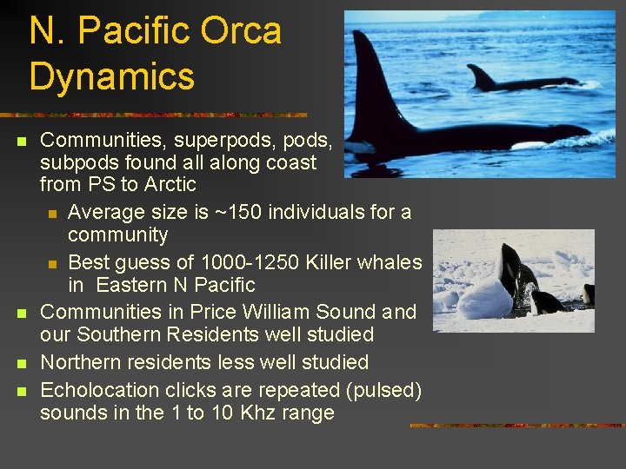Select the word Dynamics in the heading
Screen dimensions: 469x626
click(x=111, y=76)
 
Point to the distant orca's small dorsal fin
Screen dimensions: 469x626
click(x=481, y=77)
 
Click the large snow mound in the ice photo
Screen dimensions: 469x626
click(x=484, y=300)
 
